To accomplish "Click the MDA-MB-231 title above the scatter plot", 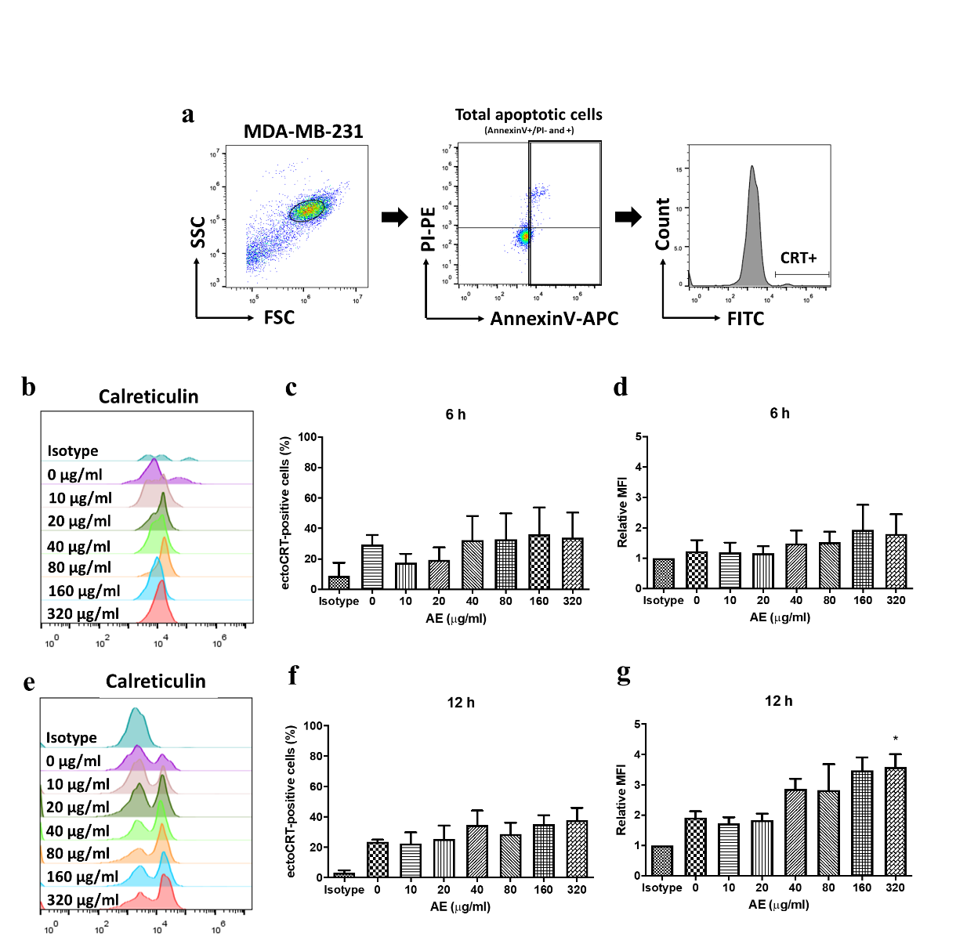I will tap(303, 132).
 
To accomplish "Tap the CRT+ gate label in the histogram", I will tap(798, 258).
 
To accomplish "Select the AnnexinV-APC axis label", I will tap(554, 319).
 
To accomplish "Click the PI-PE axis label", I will tap(428, 229).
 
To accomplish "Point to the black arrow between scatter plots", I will tap(395, 217).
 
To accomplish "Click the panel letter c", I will tap(291, 387).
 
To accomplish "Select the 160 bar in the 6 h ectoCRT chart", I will tap(539, 562).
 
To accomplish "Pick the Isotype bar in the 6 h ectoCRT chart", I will tap(339, 582).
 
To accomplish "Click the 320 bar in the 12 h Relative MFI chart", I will tap(895, 822).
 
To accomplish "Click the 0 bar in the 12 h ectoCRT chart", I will tap(378, 859).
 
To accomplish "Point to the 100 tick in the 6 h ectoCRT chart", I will tap(308, 437).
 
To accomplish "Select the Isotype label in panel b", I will tap(73, 451).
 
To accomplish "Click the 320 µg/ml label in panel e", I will tap(82, 900).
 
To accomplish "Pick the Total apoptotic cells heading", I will tap(529, 115).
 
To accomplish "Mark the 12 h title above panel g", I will tap(778, 701).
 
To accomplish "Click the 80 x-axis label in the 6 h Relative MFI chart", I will tap(829, 601).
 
